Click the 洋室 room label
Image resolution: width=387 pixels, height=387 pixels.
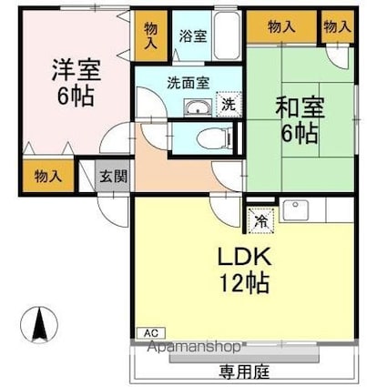(x=76, y=70)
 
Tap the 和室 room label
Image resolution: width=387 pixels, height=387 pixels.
(x=300, y=107)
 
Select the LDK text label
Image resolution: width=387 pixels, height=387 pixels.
(x=244, y=257)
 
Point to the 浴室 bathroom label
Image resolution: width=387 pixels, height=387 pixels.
(x=193, y=36)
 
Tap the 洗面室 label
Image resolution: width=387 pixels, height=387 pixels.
(x=188, y=83)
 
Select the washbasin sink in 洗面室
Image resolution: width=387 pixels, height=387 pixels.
(x=198, y=107)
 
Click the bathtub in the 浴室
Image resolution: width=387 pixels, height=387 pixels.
(x=227, y=36)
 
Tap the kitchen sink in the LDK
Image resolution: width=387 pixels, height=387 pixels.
(x=295, y=210)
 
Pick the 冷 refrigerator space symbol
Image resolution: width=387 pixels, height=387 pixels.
(x=261, y=220)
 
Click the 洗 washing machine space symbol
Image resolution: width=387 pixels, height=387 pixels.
(x=229, y=105)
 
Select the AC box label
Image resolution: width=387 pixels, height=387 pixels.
(x=151, y=333)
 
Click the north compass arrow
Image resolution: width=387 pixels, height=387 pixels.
(x=39, y=324)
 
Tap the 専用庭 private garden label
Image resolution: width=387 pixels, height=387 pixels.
(x=244, y=371)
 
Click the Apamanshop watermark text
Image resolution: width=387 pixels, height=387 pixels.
(x=193, y=347)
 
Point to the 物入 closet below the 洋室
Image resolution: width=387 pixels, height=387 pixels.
(x=48, y=176)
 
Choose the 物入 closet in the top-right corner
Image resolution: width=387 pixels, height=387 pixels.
(x=338, y=26)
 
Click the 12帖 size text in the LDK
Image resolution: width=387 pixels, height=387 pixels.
(x=244, y=283)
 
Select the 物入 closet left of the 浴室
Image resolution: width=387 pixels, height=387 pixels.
(x=151, y=36)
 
